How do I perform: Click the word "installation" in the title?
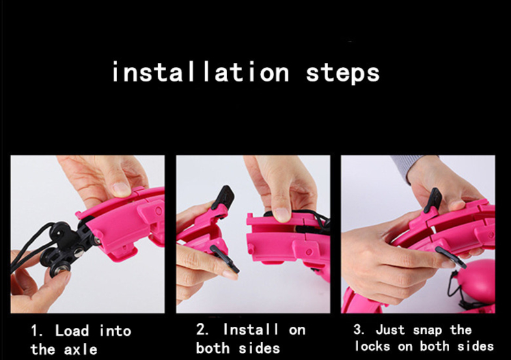click(200, 72)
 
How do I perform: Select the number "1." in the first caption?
click(37, 331)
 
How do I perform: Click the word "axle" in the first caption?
click(81, 350)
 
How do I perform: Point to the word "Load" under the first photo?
click(72, 330)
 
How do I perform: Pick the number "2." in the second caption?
click(202, 329)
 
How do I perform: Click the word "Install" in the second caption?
click(251, 329)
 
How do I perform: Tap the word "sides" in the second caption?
click(259, 348)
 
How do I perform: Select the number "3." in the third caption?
click(359, 329)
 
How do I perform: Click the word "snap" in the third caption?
click(427, 331)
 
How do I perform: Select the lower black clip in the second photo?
click(225, 258)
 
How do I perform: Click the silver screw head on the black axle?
click(79, 252)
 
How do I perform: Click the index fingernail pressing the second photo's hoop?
click(282, 214)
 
